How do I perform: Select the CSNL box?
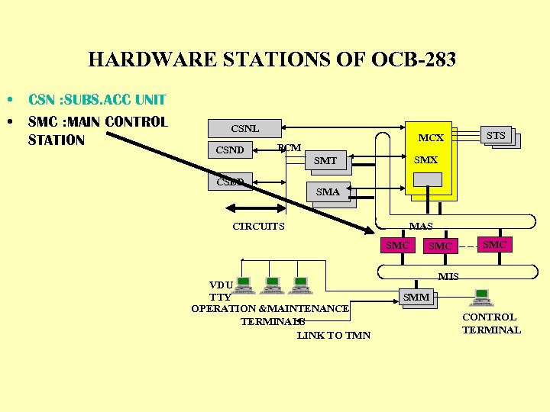(245, 129)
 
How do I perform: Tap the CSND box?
(230, 150)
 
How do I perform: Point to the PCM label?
(290, 147)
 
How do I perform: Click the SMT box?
(325, 160)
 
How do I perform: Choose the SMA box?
(328, 192)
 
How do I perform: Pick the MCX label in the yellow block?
(431, 138)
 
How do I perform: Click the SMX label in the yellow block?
(425, 160)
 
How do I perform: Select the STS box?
(496, 136)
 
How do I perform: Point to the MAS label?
(421, 227)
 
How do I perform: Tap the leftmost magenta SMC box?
(397, 245)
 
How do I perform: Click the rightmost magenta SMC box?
(494, 244)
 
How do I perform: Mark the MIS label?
(448, 276)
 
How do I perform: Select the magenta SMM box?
(416, 298)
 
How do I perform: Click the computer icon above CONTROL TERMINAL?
(482, 297)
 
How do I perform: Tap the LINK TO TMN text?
(334, 335)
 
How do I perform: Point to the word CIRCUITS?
(258, 226)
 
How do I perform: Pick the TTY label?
(220, 297)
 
